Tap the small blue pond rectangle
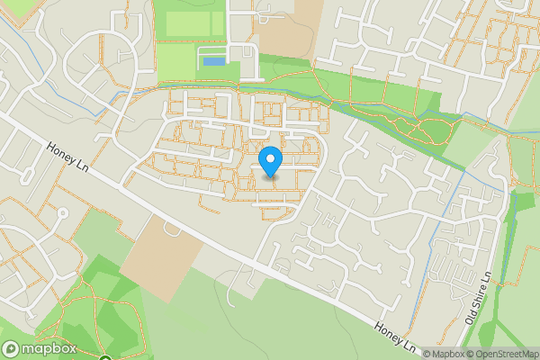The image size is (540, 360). [213, 61]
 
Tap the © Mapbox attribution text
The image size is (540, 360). [444, 354]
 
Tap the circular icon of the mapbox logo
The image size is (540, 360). [11, 349]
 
